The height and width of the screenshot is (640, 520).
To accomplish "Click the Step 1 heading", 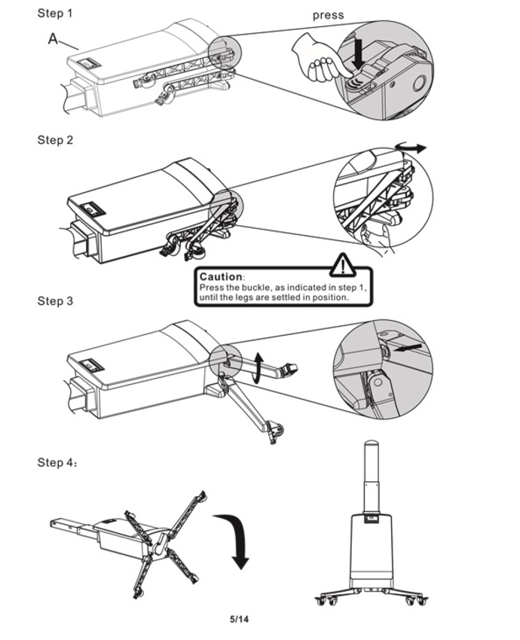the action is tap(55, 14).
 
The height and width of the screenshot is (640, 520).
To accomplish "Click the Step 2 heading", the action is tap(55, 140).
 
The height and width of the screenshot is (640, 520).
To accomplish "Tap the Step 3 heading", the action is tap(55, 301).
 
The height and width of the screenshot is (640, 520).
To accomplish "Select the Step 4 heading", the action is tap(57, 462).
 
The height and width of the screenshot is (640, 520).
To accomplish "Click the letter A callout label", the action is tap(53, 39).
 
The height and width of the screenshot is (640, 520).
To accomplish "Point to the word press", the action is tap(328, 16).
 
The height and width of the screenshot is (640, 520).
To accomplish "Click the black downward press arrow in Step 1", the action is tap(359, 55).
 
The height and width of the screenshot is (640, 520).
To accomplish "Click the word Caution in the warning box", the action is tap(221, 277).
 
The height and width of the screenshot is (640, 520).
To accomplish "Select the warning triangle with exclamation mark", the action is tap(343, 264).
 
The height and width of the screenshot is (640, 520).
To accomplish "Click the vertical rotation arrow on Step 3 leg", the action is tap(257, 368).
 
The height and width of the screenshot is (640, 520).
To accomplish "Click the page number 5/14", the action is tap(239, 619).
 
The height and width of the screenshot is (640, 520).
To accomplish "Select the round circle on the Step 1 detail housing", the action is tap(419, 84).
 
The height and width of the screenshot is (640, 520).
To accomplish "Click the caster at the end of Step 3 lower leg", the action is tap(276, 432).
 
